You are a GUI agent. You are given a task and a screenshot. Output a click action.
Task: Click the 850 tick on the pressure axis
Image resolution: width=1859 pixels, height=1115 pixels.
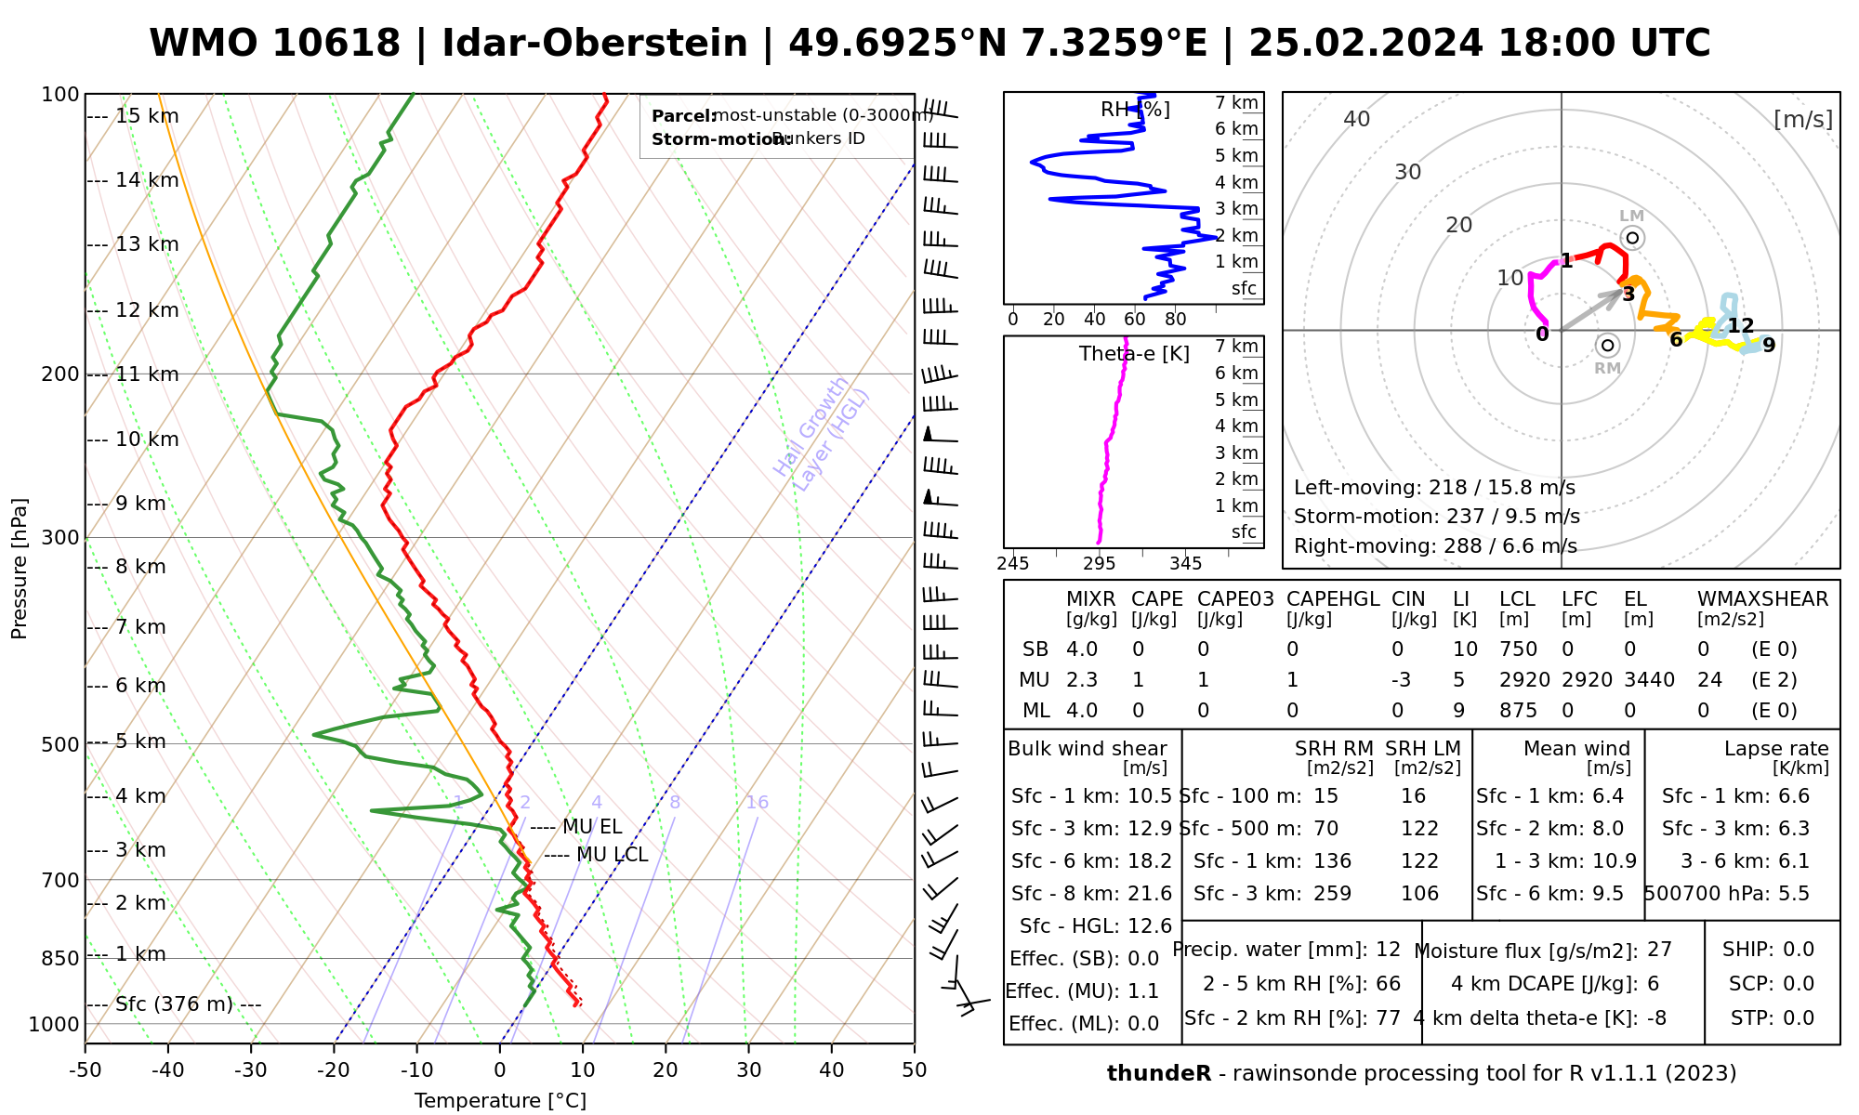60,958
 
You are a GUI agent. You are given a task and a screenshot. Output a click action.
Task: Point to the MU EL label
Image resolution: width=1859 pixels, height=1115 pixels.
592,827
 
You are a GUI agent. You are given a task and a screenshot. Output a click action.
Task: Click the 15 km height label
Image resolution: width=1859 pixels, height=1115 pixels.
147,116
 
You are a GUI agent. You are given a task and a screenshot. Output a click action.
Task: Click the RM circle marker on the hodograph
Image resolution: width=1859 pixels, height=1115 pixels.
1607,346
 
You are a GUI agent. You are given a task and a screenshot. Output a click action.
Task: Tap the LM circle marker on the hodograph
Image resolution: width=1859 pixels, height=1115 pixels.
1632,238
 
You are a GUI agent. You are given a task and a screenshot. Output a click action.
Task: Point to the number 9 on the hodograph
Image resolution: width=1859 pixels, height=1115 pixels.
1769,346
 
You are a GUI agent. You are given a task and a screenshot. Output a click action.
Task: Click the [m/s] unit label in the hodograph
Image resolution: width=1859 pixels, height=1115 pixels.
1802,120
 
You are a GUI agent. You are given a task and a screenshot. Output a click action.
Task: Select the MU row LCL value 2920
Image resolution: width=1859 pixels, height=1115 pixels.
1524,680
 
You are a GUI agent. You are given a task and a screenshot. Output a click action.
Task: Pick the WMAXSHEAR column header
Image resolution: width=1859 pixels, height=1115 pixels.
1762,599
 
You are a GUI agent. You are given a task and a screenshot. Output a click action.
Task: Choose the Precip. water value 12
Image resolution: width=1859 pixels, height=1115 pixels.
1388,950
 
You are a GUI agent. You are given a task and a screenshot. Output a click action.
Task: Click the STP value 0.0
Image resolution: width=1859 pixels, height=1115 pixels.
1799,1018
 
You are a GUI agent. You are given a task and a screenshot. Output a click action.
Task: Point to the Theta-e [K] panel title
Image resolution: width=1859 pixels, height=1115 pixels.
1134,354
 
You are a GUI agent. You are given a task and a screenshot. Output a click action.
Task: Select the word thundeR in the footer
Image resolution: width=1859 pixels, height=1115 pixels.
1159,1074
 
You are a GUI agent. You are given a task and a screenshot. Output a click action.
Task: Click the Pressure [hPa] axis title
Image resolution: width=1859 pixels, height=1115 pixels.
20,569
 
